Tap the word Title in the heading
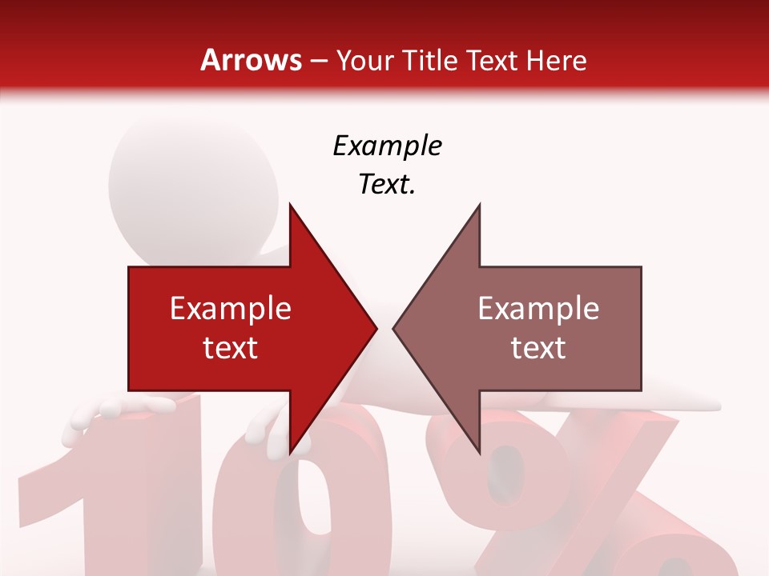point(430,61)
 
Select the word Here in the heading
point(557,61)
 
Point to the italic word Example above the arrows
point(387,146)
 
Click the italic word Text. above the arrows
point(387,184)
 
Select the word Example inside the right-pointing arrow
point(231,309)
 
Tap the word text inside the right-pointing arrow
point(231,347)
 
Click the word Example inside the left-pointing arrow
point(538,309)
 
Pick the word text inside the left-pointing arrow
point(538,347)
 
